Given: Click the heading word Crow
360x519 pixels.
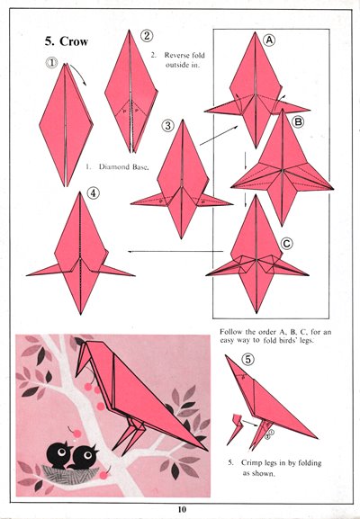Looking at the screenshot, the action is coord(74,41).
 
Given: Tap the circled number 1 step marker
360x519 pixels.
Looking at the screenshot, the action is coord(51,63).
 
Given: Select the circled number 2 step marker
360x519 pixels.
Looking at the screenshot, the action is coord(147,35).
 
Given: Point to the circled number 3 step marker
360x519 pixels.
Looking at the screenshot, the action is coord(168,125).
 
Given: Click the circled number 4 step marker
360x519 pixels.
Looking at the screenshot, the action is coord(93,193).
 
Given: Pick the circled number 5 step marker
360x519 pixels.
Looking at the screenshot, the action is coord(248,359).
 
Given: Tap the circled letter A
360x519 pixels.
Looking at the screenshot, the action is coord(269,40).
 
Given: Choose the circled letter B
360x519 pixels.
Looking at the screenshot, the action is coord(298,122).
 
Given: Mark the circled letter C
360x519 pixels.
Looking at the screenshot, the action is coord(286,244).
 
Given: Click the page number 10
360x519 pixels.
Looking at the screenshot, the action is coord(182,509).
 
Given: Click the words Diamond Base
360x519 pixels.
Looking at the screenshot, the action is coord(124,166).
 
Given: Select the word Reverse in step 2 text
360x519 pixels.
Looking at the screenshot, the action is coord(176,55).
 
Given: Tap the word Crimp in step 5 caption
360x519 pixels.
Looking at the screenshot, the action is coord(252,462).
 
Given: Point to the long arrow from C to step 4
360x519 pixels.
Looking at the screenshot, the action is coord(175,251).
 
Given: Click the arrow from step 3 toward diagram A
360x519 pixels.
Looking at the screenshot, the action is coord(220,136).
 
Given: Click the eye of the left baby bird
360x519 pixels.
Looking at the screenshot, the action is coord(61,452).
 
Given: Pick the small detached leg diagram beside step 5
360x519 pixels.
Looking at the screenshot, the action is coord(235,429).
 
